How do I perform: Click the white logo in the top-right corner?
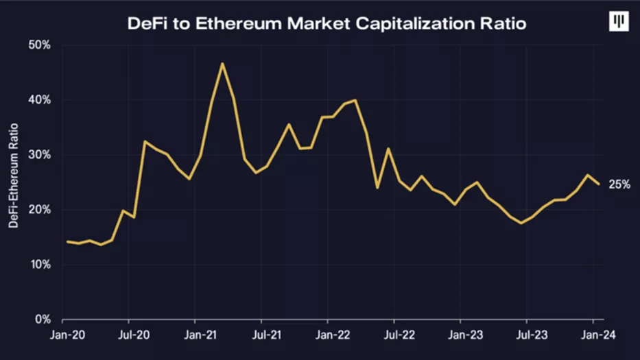(x=619, y=21)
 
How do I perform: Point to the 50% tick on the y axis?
(x=39, y=45)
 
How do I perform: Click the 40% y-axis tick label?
(x=39, y=100)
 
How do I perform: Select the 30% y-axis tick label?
(x=39, y=155)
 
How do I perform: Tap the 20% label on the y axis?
(x=39, y=210)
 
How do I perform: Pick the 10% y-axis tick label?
(x=39, y=265)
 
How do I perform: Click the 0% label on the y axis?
(x=42, y=320)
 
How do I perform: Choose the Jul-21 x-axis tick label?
(x=261, y=337)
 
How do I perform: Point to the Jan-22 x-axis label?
(x=328, y=337)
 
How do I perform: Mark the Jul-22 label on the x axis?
(x=394, y=337)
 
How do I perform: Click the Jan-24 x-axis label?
(x=593, y=337)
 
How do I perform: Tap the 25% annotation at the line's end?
(x=619, y=184)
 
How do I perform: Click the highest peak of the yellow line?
(x=222, y=64)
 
